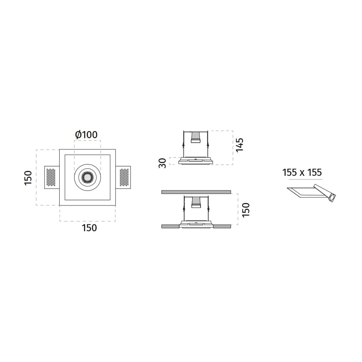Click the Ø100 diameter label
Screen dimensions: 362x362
point(86,135)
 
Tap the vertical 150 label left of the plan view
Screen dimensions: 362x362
point(28,178)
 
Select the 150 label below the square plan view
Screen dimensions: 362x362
point(89,228)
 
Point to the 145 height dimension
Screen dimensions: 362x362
point(240,145)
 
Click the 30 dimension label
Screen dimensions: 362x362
point(163,163)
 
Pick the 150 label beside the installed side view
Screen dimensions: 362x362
point(246,210)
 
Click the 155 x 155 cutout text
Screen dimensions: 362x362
point(302,172)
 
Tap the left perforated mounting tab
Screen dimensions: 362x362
point(52,177)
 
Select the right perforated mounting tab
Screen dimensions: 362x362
point(123,177)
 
